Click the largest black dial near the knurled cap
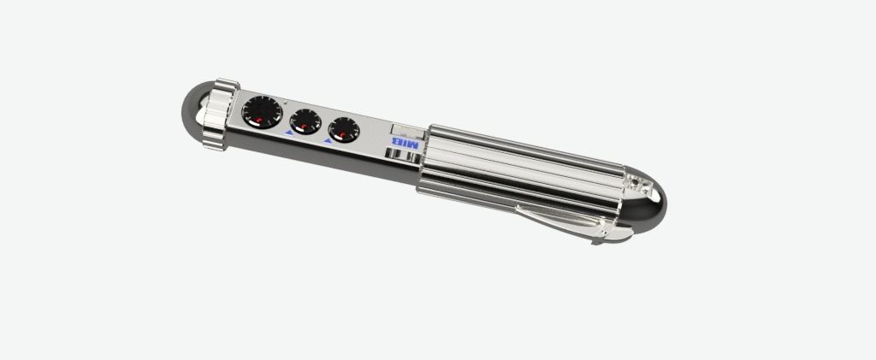pos(262,112)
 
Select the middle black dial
pos(305,121)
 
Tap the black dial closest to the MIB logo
pos(344,130)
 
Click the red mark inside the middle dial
pos(305,128)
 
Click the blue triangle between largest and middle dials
pos(289,133)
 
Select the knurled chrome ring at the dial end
pos(220,114)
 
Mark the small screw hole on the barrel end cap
pos(634,182)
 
